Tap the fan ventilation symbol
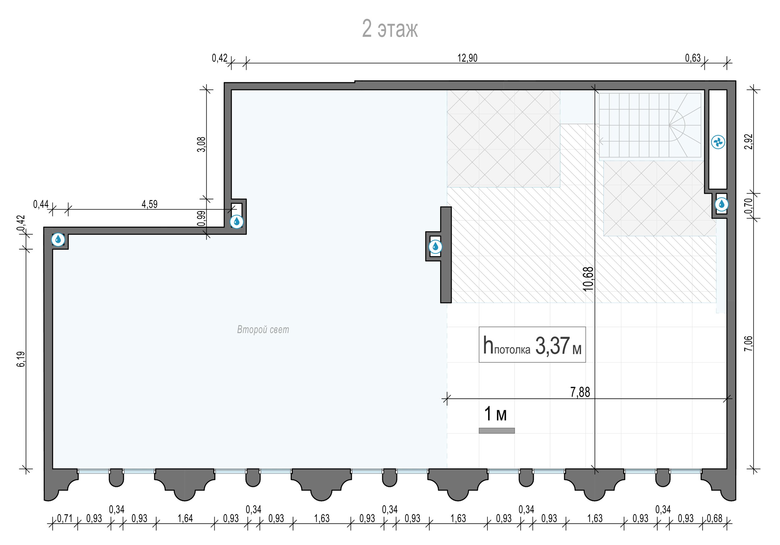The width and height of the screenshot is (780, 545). coord(718,142)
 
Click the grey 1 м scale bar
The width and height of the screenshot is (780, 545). coord(497,431)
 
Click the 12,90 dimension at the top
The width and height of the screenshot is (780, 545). coord(467,58)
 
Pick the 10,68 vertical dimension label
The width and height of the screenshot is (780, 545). coord(588,279)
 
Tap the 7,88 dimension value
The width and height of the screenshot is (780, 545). coord(580,392)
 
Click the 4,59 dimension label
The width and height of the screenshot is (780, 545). coord(149,204)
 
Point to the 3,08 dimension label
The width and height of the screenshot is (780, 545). coord(202,144)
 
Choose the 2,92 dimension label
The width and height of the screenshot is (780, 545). coord(748,142)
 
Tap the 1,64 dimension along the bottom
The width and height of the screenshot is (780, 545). coord(185,518)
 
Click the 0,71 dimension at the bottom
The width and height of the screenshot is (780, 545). coord(65,518)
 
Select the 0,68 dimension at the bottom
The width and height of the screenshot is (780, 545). coord(715,518)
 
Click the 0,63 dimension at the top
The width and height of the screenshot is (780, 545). coord(693,58)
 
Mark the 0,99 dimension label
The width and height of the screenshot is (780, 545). coord(202,218)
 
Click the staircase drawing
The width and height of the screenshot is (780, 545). coord(650,126)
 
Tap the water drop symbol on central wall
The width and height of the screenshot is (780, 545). coord(436,247)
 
